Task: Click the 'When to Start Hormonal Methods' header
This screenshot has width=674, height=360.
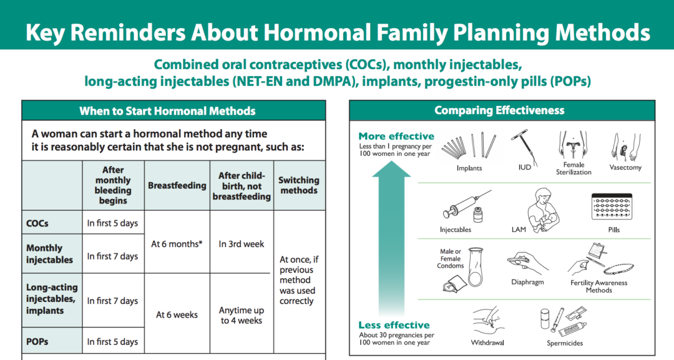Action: click(x=167, y=111)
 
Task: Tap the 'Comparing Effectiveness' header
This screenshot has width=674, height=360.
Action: click(x=499, y=110)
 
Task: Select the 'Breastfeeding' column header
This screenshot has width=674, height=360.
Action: click(x=177, y=185)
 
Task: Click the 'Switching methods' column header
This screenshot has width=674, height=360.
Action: click(x=299, y=185)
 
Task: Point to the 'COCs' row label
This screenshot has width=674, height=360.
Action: click(x=37, y=223)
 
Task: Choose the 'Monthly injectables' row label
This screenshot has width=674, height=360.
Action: click(x=49, y=254)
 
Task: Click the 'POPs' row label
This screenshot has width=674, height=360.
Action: click(x=37, y=341)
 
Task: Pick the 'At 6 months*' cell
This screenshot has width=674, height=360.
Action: click(x=177, y=244)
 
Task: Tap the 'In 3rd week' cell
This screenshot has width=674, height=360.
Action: click(x=242, y=244)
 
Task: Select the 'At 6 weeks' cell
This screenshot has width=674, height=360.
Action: click(x=177, y=315)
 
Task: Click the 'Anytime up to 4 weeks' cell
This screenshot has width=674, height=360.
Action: click(x=242, y=315)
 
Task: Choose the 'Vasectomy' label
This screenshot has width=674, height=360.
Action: click(x=625, y=168)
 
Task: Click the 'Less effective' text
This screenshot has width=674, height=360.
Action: click(x=394, y=325)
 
